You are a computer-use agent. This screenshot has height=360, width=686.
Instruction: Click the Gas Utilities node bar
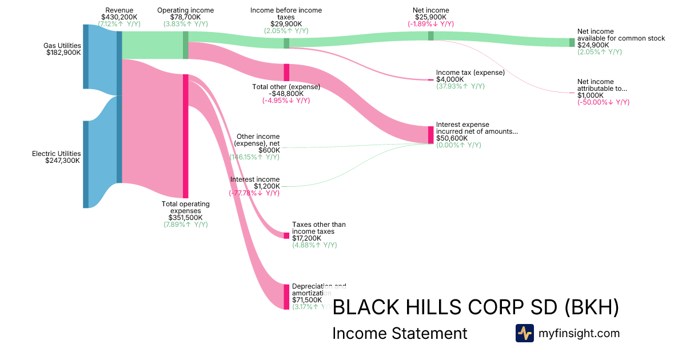click(86, 57)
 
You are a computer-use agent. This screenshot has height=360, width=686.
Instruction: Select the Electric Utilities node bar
click(86, 164)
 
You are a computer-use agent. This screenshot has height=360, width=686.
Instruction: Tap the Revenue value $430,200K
click(119, 17)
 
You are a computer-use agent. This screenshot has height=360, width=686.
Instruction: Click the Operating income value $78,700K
click(185, 17)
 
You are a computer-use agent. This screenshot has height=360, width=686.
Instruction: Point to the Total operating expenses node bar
click(185, 136)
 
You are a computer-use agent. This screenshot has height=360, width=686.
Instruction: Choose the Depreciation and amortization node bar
click(286, 297)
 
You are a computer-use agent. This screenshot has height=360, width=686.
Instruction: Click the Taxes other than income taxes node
click(286, 235)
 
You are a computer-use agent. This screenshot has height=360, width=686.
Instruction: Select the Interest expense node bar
click(431, 135)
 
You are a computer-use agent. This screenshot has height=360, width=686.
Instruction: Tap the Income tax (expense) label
click(470, 73)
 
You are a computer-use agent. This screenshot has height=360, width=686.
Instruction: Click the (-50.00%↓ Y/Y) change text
click(603, 102)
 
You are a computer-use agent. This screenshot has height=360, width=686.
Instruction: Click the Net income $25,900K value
click(430, 17)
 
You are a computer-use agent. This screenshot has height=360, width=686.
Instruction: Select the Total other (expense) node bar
click(286, 73)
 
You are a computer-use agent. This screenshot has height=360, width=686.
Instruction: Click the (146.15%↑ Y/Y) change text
click(254, 157)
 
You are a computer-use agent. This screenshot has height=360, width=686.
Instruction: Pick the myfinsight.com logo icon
click(524, 333)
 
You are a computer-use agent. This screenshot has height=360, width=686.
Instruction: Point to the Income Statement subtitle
click(400, 333)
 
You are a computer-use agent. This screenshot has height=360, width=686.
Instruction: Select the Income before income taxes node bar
click(286, 43)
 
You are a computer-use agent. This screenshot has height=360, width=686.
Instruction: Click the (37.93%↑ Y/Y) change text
click(460, 86)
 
